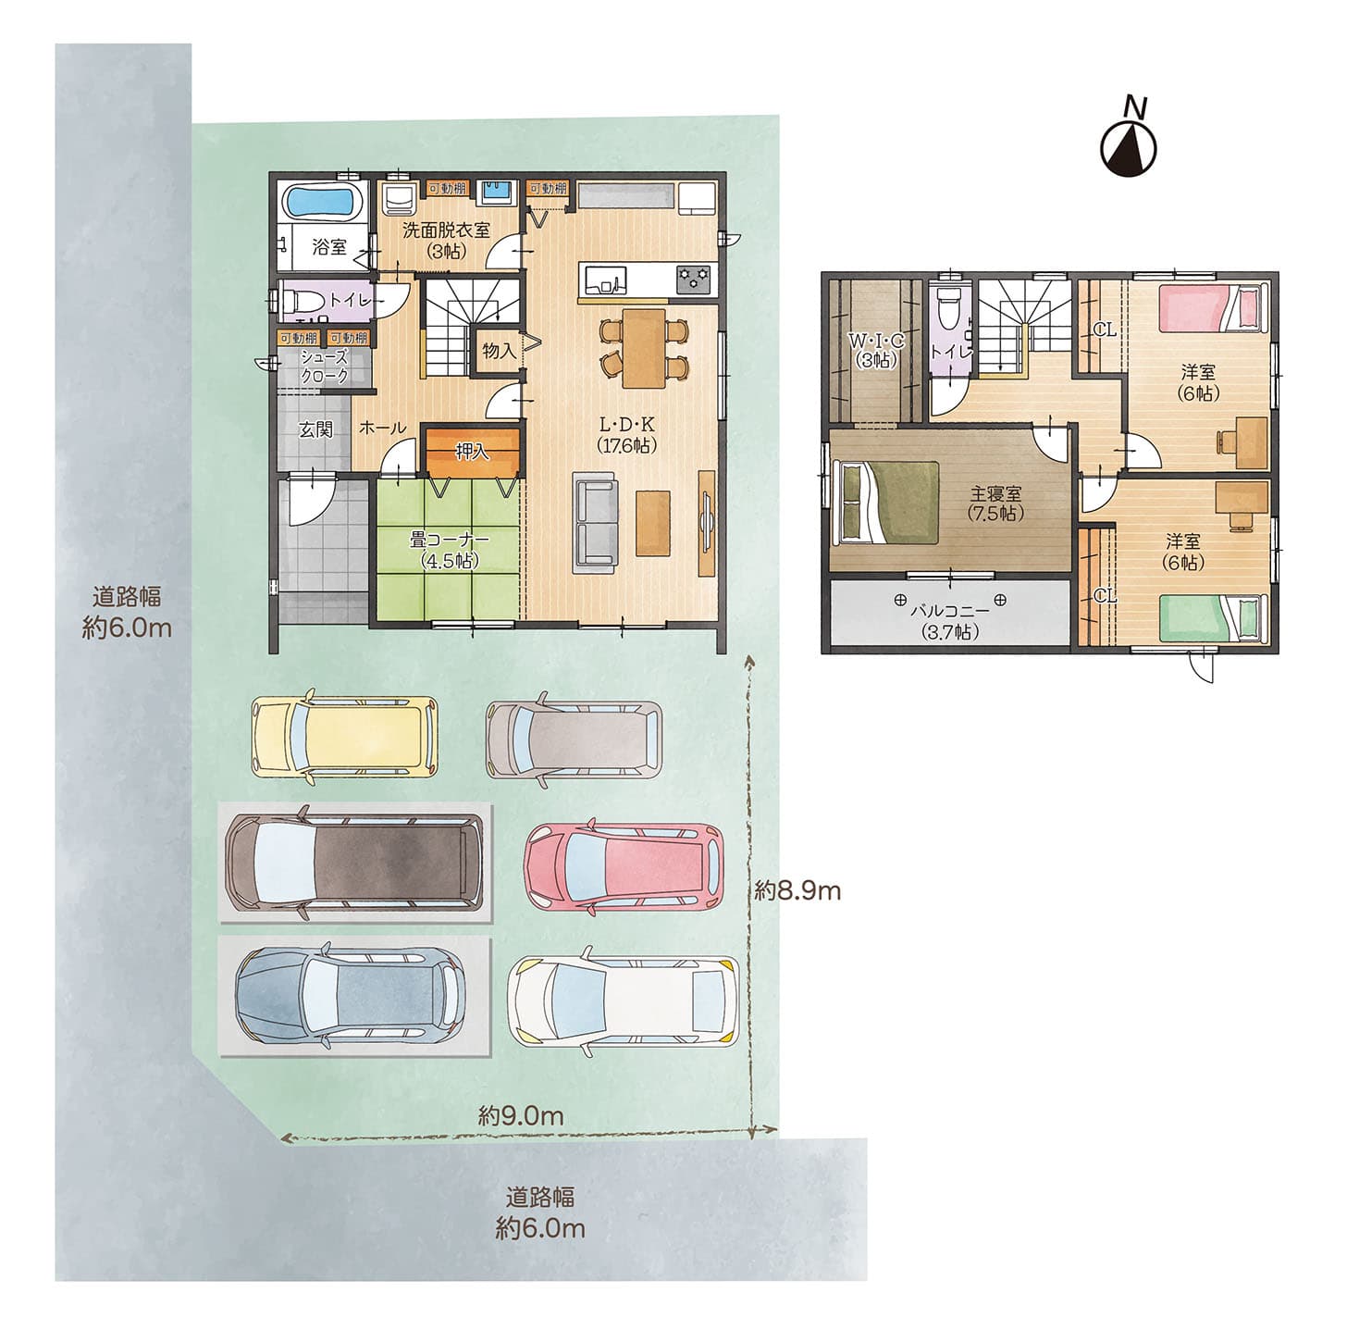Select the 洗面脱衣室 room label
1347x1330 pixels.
(x=445, y=230)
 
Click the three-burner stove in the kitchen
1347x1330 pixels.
(x=693, y=279)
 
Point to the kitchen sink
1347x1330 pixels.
(x=602, y=280)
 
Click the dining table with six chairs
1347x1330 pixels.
(x=645, y=347)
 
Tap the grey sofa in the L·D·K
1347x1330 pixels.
(x=596, y=522)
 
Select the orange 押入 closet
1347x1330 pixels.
(x=473, y=452)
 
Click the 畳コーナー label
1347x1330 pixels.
(x=449, y=541)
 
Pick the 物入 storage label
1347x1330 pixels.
(x=499, y=350)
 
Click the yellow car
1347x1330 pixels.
(x=345, y=736)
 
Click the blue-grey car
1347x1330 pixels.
(x=351, y=996)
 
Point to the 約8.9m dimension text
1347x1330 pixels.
(x=797, y=890)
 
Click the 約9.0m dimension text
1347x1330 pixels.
(x=521, y=1116)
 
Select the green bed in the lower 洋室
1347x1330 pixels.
(x=1214, y=616)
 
